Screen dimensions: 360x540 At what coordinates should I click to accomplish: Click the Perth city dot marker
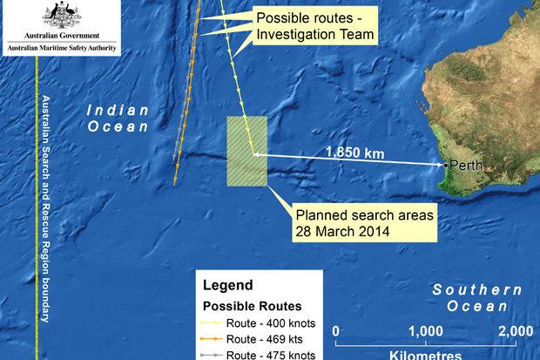[x=445, y=164]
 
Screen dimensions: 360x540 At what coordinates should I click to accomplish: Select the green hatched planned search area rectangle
[x=246, y=152]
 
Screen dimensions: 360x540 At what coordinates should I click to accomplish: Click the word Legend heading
[x=227, y=285]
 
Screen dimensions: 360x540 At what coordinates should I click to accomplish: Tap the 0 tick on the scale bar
[x=337, y=331]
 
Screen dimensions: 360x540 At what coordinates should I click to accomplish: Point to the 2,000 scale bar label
[x=516, y=330]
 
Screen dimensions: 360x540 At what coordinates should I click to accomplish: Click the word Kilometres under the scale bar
[x=424, y=354]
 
